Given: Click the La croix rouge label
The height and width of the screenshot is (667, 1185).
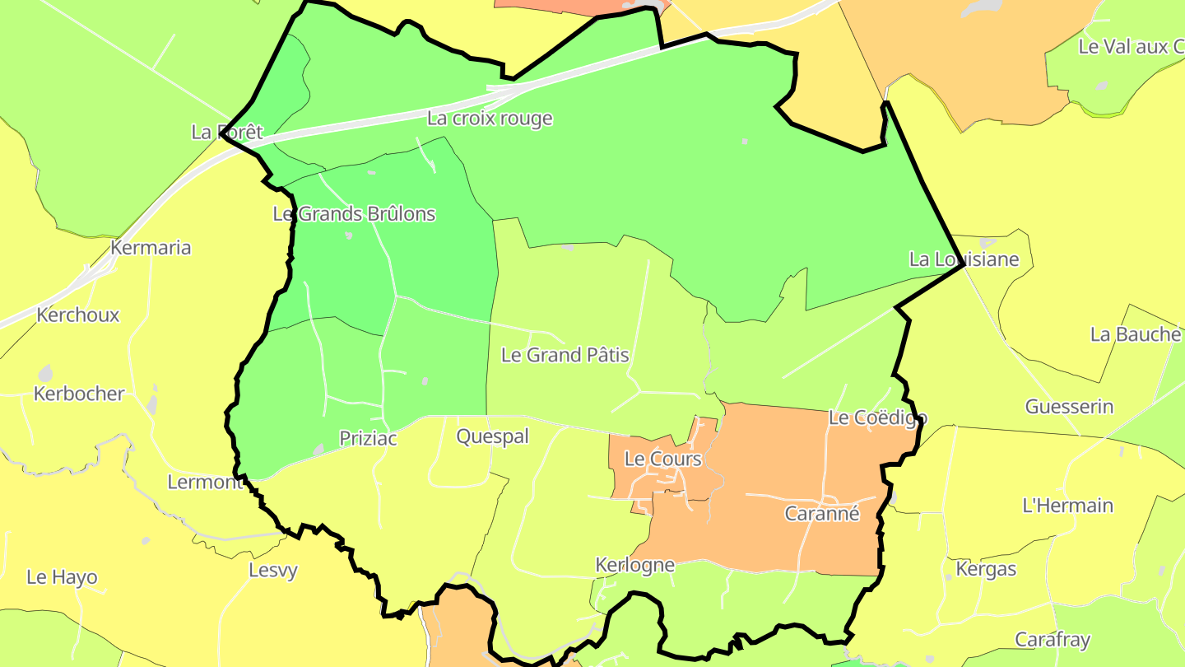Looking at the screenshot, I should coord(490,119).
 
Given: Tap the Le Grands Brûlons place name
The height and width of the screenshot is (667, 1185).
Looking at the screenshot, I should coord(354,214).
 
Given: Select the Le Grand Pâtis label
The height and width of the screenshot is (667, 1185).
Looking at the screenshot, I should coord(565,356).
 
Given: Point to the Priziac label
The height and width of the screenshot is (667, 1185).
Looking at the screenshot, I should coord(369,439).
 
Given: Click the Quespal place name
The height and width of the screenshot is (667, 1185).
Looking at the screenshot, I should coord(493,436).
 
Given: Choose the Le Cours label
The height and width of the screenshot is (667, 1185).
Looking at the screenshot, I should coord(663,459).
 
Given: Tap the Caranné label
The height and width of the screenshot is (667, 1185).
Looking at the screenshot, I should coord(822,514).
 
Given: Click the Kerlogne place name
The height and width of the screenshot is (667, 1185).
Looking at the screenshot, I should coord(635,565).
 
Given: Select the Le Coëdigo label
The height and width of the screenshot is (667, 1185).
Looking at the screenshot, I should coord(877,418).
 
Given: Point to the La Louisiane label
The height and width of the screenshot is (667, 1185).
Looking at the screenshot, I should coord(964,259).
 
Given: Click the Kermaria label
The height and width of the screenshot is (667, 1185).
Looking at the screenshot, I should coord(151,248).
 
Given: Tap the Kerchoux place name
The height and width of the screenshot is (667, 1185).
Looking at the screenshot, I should coord(78,315).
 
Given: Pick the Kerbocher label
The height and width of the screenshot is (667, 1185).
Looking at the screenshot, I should coord(79,394).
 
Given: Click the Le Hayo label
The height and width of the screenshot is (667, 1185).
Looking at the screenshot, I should coord(62,577).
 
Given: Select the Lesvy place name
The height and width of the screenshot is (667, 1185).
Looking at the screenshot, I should coord(273,570).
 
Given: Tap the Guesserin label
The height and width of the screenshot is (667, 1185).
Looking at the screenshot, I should coord(1069,407).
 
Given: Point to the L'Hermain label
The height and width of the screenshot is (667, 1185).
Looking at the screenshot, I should coord(1067,506).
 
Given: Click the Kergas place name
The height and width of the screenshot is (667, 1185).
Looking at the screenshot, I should coord(986,569).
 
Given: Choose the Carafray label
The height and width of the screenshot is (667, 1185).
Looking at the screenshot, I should coord(1053,640).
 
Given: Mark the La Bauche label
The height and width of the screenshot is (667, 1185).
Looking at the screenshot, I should coord(1136,334).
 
